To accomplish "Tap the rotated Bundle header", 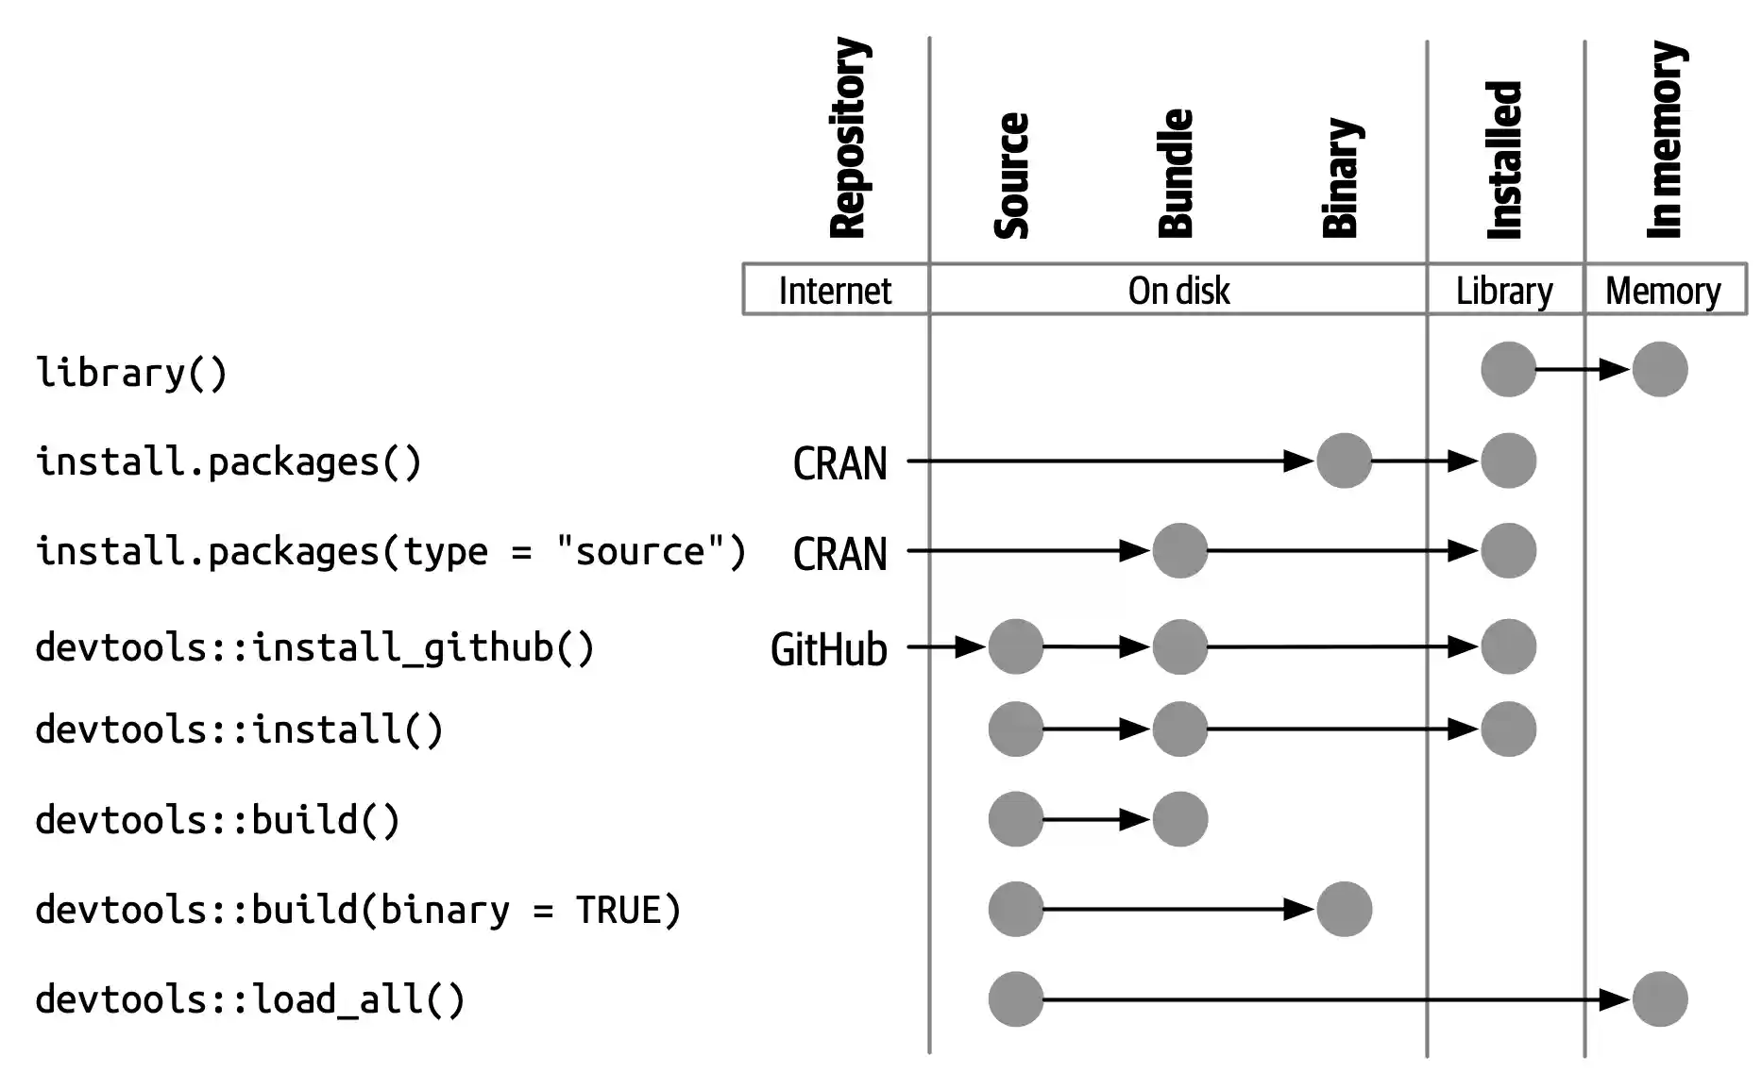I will point(1176,174).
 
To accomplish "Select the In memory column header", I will point(1665,140).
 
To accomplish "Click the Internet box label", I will point(835,291).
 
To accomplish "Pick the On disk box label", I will point(1178,291).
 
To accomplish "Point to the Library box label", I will point(1504,291).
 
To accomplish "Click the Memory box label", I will point(1663,291).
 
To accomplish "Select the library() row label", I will point(132,372).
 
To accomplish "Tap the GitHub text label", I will point(829,649).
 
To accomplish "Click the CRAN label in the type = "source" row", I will point(839,554).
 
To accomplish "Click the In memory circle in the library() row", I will point(1659,369).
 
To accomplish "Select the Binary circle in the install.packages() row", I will point(1344,461).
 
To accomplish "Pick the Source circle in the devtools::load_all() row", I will point(1016,998).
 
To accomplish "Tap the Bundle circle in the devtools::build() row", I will point(1179,819).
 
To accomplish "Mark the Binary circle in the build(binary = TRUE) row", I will point(1344,909).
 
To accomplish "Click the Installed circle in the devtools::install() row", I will point(1508,729).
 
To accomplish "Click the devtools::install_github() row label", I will point(314,648).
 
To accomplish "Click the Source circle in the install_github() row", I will point(1016,646).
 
